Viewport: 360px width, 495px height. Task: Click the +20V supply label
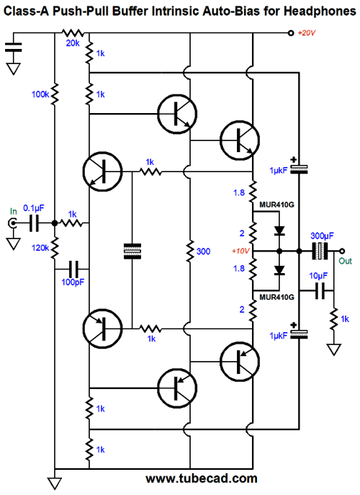point(307,33)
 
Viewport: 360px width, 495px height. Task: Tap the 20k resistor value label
point(73,43)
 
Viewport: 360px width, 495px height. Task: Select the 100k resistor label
point(40,94)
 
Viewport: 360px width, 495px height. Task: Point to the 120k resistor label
point(40,248)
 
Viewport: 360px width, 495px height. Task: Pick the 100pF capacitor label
point(73,282)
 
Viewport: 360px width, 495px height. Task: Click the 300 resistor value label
point(203,251)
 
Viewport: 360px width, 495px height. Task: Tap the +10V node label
point(240,251)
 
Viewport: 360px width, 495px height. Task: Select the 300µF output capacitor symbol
point(320,251)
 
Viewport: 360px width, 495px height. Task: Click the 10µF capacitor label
point(318,276)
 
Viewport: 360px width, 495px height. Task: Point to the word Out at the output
point(345,261)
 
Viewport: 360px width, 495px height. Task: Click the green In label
point(13,211)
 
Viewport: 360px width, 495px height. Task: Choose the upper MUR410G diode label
point(276,205)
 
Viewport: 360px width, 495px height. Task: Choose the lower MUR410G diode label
point(276,297)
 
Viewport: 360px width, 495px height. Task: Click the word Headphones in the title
point(320,12)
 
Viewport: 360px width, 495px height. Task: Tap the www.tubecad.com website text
point(202,478)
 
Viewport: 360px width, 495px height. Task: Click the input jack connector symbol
point(13,223)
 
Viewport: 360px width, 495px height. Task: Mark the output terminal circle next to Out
point(342,251)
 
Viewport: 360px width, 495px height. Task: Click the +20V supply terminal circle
point(291,33)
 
